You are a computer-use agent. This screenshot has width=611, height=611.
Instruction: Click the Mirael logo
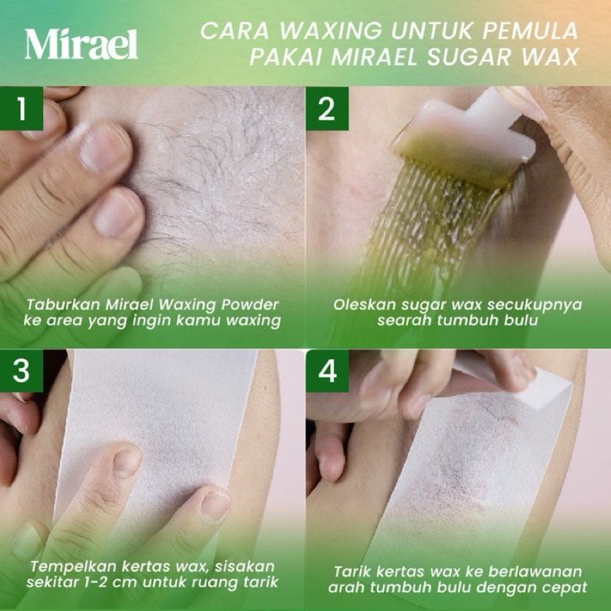click(x=82, y=44)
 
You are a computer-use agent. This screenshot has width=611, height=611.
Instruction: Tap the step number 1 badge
click(x=21, y=109)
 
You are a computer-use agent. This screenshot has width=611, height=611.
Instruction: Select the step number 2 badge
click(x=327, y=109)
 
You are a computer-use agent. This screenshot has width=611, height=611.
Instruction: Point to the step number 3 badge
click(x=21, y=370)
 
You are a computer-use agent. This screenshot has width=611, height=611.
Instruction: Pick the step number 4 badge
click(x=327, y=370)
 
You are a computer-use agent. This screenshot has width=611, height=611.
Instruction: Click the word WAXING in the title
click(x=331, y=30)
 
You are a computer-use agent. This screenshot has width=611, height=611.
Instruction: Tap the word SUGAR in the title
click(x=470, y=57)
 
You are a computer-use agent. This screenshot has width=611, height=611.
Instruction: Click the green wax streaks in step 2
click(x=426, y=222)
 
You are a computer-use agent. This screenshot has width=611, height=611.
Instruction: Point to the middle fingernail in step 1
click(x=118, y=211)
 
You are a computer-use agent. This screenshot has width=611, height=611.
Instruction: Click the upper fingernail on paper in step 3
click(x=127, y=462)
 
